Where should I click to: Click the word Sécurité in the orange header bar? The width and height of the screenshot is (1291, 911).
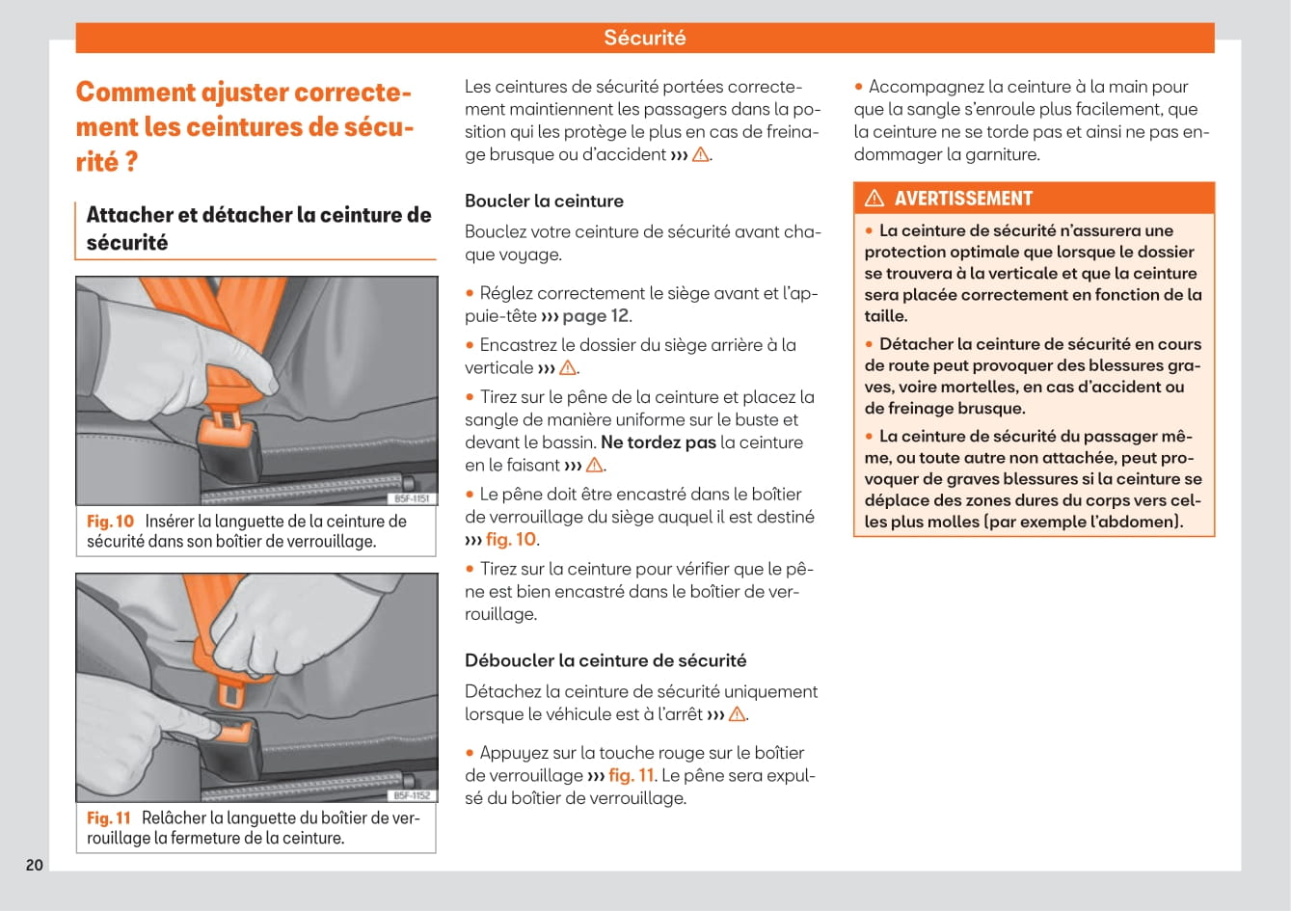coord(644,38)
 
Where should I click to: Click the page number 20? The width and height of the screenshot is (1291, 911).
coord(35,865)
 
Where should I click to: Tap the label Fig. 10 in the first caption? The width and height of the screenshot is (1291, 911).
coord(110,522)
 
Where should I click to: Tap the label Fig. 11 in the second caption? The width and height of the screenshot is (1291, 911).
coord(108,818)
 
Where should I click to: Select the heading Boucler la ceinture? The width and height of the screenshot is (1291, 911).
coord(544,201)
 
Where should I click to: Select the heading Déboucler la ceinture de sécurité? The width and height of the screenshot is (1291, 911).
coord(605,661)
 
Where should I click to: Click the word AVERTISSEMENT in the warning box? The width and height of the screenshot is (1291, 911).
coord(962,199)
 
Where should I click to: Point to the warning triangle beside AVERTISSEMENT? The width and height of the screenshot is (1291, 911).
coord(874,199)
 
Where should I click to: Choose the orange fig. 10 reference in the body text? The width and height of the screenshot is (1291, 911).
coord(511,540)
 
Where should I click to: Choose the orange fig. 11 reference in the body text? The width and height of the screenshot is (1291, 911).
coord(632,776)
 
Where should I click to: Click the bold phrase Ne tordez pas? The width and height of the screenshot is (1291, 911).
coord(659,442)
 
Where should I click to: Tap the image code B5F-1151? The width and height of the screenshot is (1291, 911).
coord(413,498)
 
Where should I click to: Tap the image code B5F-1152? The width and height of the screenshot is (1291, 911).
coord(413,795)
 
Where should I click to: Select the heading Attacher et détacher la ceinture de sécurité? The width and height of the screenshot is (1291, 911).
coord(257,228)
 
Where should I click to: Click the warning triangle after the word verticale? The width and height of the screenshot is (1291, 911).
coord(568,368)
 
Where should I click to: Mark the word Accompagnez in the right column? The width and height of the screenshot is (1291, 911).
coord(927,87)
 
